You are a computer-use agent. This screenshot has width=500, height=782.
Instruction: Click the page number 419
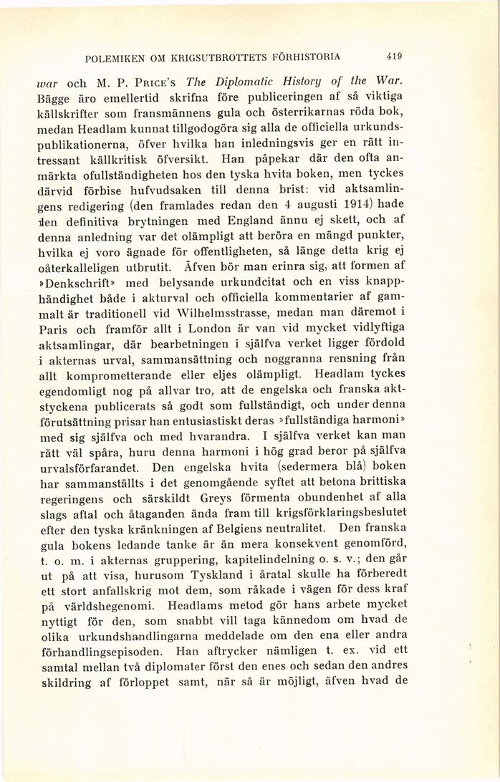393,55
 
